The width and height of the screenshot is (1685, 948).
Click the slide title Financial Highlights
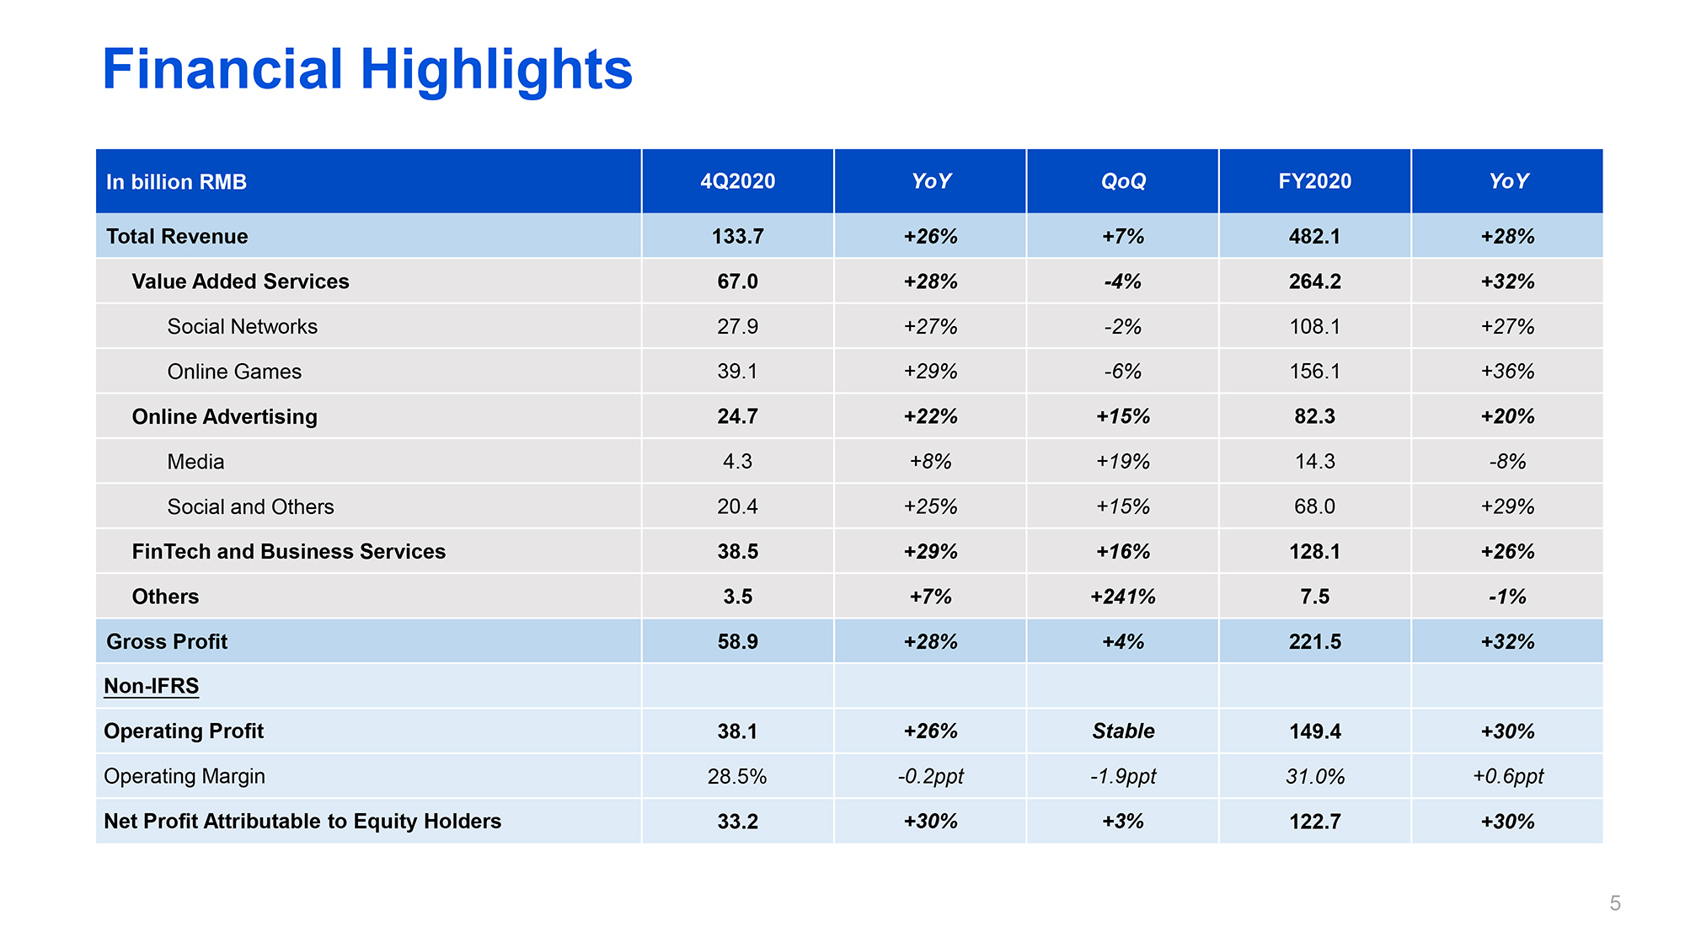367,69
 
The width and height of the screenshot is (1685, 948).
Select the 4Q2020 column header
737,181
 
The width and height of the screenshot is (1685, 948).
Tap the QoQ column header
1123,181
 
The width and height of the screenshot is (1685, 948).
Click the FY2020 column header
1314,181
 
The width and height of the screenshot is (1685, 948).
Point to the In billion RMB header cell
176,182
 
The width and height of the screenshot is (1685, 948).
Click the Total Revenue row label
177,236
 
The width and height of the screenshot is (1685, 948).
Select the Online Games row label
234,372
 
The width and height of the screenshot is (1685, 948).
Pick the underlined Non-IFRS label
151,686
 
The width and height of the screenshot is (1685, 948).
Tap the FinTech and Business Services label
288,551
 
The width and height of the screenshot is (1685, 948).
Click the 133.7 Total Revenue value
737,236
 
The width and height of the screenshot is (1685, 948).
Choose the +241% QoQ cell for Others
1123,597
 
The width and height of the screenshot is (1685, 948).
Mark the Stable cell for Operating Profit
1123,731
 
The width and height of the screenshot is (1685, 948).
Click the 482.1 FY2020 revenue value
1314,236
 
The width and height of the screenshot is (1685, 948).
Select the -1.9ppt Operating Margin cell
1123,776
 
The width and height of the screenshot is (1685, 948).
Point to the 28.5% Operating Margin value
737,776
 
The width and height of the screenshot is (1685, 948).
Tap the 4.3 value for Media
737,462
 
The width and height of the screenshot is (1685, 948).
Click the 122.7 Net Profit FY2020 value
1314,822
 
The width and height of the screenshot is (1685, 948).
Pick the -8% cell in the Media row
1507,462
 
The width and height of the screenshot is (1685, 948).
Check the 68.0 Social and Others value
1314,506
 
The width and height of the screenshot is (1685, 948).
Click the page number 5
1615,903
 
